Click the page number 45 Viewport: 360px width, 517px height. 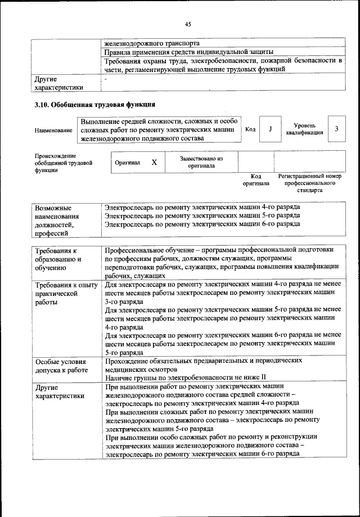187,24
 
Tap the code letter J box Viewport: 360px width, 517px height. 270,129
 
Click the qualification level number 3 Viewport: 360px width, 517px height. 336,129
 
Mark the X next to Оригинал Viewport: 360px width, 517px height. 154,162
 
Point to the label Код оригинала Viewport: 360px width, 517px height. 256,180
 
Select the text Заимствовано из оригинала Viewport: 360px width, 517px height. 201,163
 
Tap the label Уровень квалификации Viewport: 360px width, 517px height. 304,129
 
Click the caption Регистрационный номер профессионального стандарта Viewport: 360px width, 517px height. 310,183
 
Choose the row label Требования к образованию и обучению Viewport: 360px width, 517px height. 58,259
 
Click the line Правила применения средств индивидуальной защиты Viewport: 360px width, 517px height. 189,52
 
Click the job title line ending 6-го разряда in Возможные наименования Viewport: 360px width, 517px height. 202,224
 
